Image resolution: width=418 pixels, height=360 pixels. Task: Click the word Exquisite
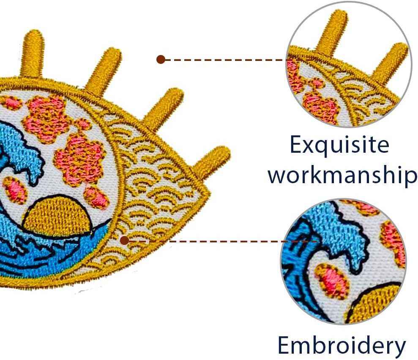[x=339, y=146]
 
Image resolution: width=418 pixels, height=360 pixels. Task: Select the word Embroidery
[x=342, y=345]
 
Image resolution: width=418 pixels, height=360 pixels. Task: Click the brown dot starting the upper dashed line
[x=160, y=59]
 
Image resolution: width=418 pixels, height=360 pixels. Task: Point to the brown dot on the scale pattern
[x=124, y=241]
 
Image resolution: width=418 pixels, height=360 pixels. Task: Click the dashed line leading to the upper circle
[x=224, y=60]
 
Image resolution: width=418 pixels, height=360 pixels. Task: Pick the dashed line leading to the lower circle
[x=203, y=241]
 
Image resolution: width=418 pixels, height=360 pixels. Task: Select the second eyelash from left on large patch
[x=104, y=70]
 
